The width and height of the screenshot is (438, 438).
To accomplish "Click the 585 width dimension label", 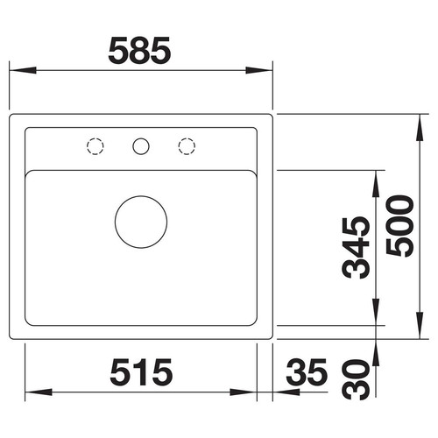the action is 139,51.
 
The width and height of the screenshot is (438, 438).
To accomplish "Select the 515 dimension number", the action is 141,371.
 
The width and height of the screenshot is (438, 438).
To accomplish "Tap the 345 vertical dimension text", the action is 356,248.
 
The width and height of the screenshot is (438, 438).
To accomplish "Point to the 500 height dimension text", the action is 399,226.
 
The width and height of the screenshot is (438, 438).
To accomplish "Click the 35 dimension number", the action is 307,371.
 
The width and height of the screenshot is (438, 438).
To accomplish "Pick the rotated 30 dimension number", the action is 356,379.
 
